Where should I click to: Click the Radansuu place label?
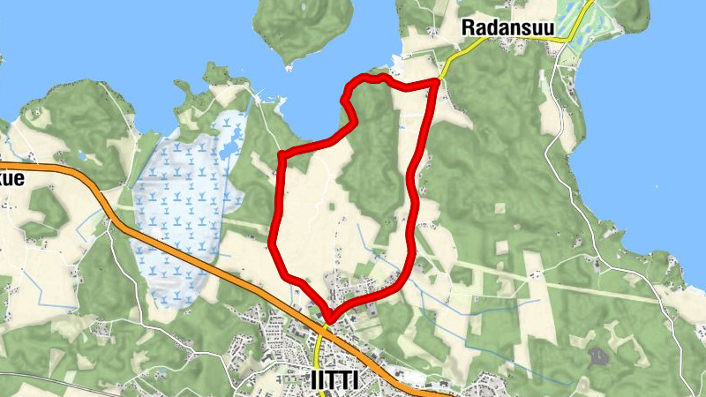[x=507, y=28]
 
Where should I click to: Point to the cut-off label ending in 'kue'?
[x=12, y=177]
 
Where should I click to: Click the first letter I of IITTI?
[x=315, y=379]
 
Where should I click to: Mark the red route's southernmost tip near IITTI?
[x=329, y=318]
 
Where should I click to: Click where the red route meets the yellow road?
[x=438, y=81]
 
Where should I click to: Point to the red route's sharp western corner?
[x=281, y=156]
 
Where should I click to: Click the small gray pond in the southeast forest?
[x=597, y=356]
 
